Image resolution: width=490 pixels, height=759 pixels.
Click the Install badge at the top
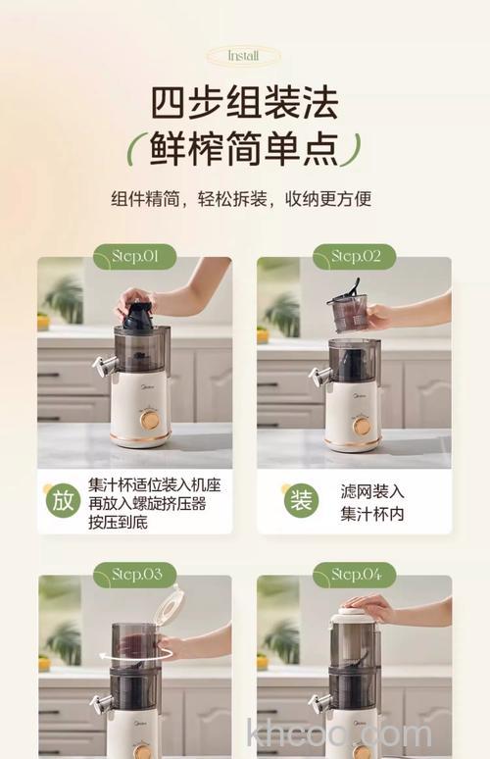pyautogui.click(x=243, y=56)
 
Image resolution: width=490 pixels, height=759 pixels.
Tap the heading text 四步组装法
pyautogui.click(x=244, y=103)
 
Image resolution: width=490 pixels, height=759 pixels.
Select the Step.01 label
pyautogui.click(x=134, y=257)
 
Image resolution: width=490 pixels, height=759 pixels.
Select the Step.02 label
pyautogui.click(x=354, y=257)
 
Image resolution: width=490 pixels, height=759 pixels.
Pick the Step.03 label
pyautogui.click(x=134, y=575)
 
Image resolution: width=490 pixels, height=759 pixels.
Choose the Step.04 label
pyautogui.click(x=354, y=575)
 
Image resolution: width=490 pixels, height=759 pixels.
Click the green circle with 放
pyautogui.click(x=63, y=500)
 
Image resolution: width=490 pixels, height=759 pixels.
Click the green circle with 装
pyautogui.click(x=301, y=500)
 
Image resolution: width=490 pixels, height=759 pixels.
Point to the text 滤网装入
pyautogui.click(x=372, y=490)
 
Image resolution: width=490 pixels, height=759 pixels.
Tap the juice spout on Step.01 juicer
pyautogui.click(x=101, y=367)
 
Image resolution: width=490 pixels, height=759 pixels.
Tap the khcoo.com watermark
pyautogui.click(x=338, y=734)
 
